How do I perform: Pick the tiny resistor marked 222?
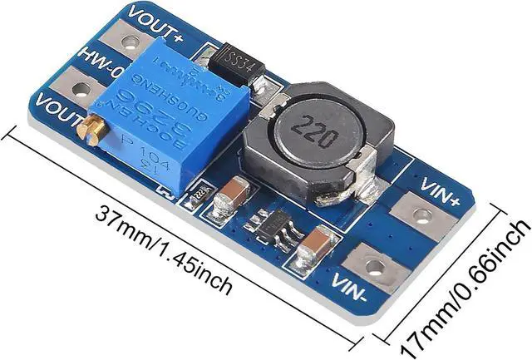click(x=198, y=197)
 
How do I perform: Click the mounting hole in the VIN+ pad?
click(x=423, y=216)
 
